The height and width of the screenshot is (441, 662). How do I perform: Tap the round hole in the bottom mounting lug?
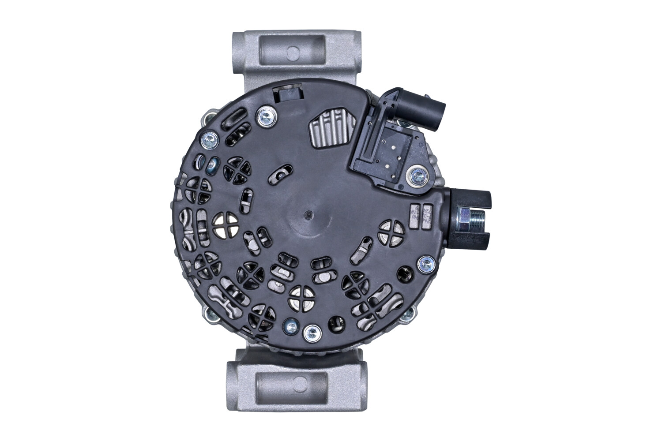tap(300, 382)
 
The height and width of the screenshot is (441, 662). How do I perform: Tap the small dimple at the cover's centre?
tap(308, 215)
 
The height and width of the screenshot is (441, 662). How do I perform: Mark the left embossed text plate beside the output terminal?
tap(415, 217)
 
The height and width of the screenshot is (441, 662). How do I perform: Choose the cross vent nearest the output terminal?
tap(391, 232)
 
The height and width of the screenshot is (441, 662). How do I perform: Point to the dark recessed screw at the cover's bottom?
tap(291, 327)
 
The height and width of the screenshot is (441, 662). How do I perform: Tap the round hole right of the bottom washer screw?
tap(337, 323)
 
